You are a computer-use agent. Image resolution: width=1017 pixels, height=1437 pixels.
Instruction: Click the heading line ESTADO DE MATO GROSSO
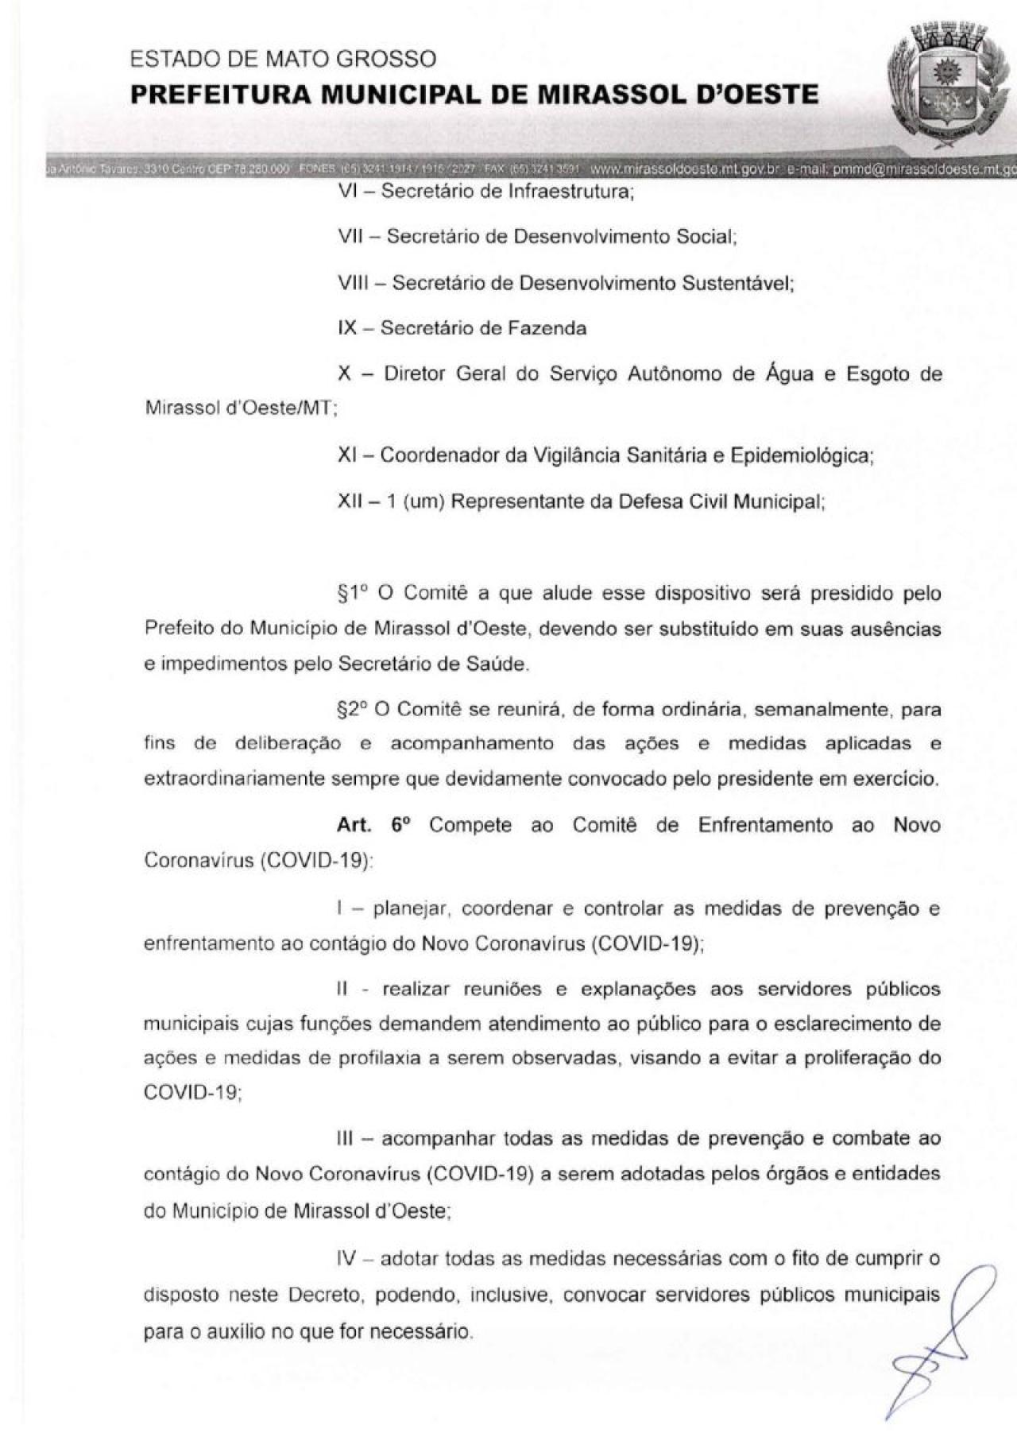click(283, 59)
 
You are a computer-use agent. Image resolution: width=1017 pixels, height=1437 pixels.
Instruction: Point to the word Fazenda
click(547, 327)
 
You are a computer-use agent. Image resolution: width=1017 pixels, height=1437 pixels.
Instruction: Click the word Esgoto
click(871, 374)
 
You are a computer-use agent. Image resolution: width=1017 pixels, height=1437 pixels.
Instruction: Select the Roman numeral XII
click(352, 502)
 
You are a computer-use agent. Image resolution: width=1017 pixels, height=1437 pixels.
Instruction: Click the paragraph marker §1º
click(351, 593)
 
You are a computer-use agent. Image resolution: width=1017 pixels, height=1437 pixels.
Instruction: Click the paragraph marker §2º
click(351, 709)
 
